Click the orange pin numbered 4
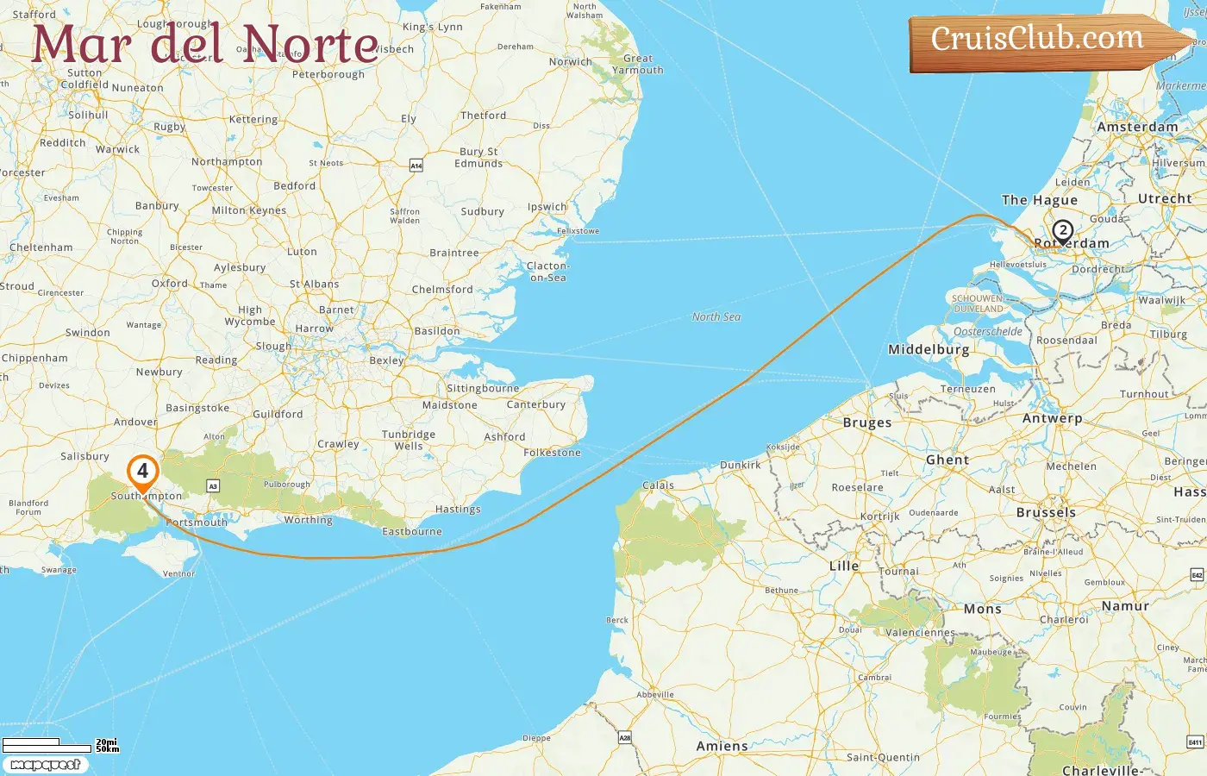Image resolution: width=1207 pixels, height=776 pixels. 142,472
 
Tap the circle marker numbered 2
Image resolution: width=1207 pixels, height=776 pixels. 1062,231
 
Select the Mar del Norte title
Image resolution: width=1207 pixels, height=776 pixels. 205,43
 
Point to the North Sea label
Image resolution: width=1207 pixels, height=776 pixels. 716,317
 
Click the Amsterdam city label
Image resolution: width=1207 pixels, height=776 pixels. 1137,127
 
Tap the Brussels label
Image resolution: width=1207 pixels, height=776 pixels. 1046,512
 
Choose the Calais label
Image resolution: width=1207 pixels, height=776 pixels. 658,485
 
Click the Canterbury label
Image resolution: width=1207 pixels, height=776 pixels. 536,404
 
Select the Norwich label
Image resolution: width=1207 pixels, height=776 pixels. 570,62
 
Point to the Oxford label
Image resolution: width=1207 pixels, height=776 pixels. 169,283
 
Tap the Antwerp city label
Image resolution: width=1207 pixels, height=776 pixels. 1052,418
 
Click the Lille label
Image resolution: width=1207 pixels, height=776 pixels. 844,566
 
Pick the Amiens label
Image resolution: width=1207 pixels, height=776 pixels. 722,747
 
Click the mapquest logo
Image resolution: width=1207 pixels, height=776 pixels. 45,765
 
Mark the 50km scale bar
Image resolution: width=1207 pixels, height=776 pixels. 47,748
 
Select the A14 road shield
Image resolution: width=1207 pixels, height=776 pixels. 416,166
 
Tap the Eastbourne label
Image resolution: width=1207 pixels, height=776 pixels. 411,532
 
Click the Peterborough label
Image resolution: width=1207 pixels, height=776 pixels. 328,74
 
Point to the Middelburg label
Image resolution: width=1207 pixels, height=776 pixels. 929,349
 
